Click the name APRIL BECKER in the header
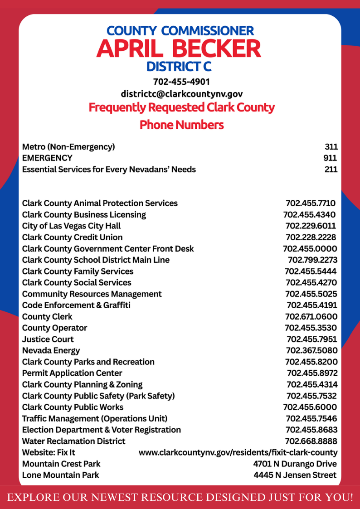click(x=179, y=48)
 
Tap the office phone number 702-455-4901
click(x=181, y=82)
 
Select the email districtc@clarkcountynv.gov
click(x=181, y=94)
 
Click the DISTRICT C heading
click(x=179, y=67)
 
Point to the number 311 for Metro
click(x=331, y=147)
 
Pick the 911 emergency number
click(x=331, y=158)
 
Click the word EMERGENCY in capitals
click(x=47, y=158)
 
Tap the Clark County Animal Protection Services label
click(x=100, y=204)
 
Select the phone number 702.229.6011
click(x=311, y=226)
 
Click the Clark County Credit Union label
click(x=72, y=238)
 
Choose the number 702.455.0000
click(x=310, y=249)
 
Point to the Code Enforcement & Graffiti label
click(x=76, y=305)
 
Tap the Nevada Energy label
click(x=51, y=351)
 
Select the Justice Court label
click(x=48, y=339)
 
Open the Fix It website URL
click(x=238, y=453)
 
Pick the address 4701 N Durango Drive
click(x=295, y=464)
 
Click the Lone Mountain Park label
click(x=60, y=475)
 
